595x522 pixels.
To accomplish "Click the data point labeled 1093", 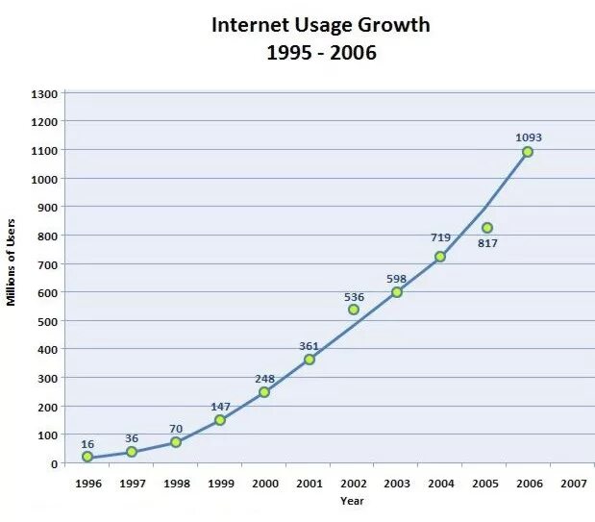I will [528, 152].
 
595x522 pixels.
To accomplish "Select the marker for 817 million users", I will [487, 228].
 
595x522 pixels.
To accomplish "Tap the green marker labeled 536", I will [354, 310].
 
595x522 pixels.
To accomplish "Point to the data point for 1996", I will [87, 457].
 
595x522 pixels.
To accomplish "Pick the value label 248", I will [264, 379].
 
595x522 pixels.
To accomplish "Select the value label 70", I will [176, 429].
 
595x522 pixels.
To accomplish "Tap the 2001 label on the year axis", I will [309, 484].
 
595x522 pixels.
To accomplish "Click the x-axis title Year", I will [352, 501].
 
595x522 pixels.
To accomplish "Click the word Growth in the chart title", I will [396, 25].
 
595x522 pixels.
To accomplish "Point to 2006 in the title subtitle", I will [352, 53].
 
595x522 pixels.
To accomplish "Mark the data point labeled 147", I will [220, 420].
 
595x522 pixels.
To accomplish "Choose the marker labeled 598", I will [396, 292].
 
